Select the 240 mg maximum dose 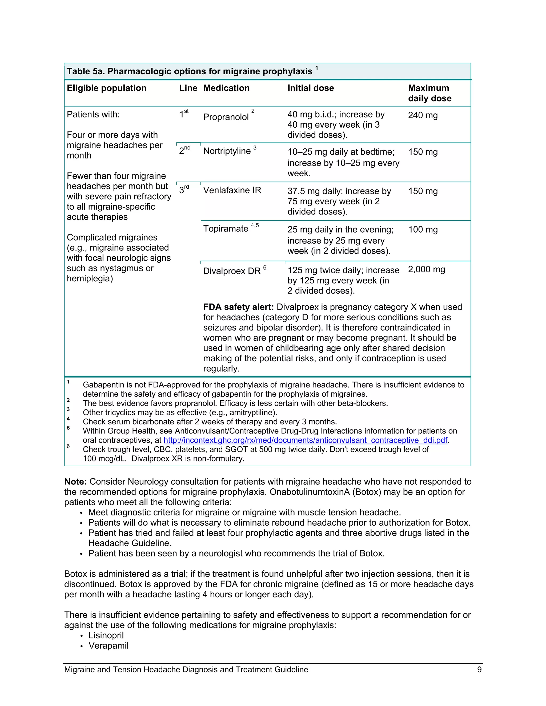pyautogui.click(x=423, y=115)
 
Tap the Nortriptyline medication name pyautogui.click(x=227, y=151)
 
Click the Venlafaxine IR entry pyautogui.click(x=232, y=190)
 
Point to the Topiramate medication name pyautogui.click(x=226, y=229)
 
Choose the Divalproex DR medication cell pyautogui.click(x=232, y=271)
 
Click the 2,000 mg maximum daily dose pyautogui.click(x=426, y=270)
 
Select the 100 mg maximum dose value pyautogui.click(x=423, y=230)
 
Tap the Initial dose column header pyautogui.click(x=310, y=88)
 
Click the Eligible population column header pyautogui.click(x=106, y=88)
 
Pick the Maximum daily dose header pyautogui.click(x=429, y=93)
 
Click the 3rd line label pyautogui.click(x=184, y=190)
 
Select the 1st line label pyautogui.click(x=184, y=114)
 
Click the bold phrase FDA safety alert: pyautogui.click(x=238, y=307)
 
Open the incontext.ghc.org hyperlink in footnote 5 pyautogui.click(x=305, y=440)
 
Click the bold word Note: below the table pyautogui.click(x=75, y=482)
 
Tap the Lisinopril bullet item pyautogui.click(x=106, y=635)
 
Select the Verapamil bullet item pyautogui.click(x=108, y=646)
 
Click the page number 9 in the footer pyautogui.click(x=479, y=670)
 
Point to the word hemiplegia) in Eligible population pyautogui.click(x=90, y=279)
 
